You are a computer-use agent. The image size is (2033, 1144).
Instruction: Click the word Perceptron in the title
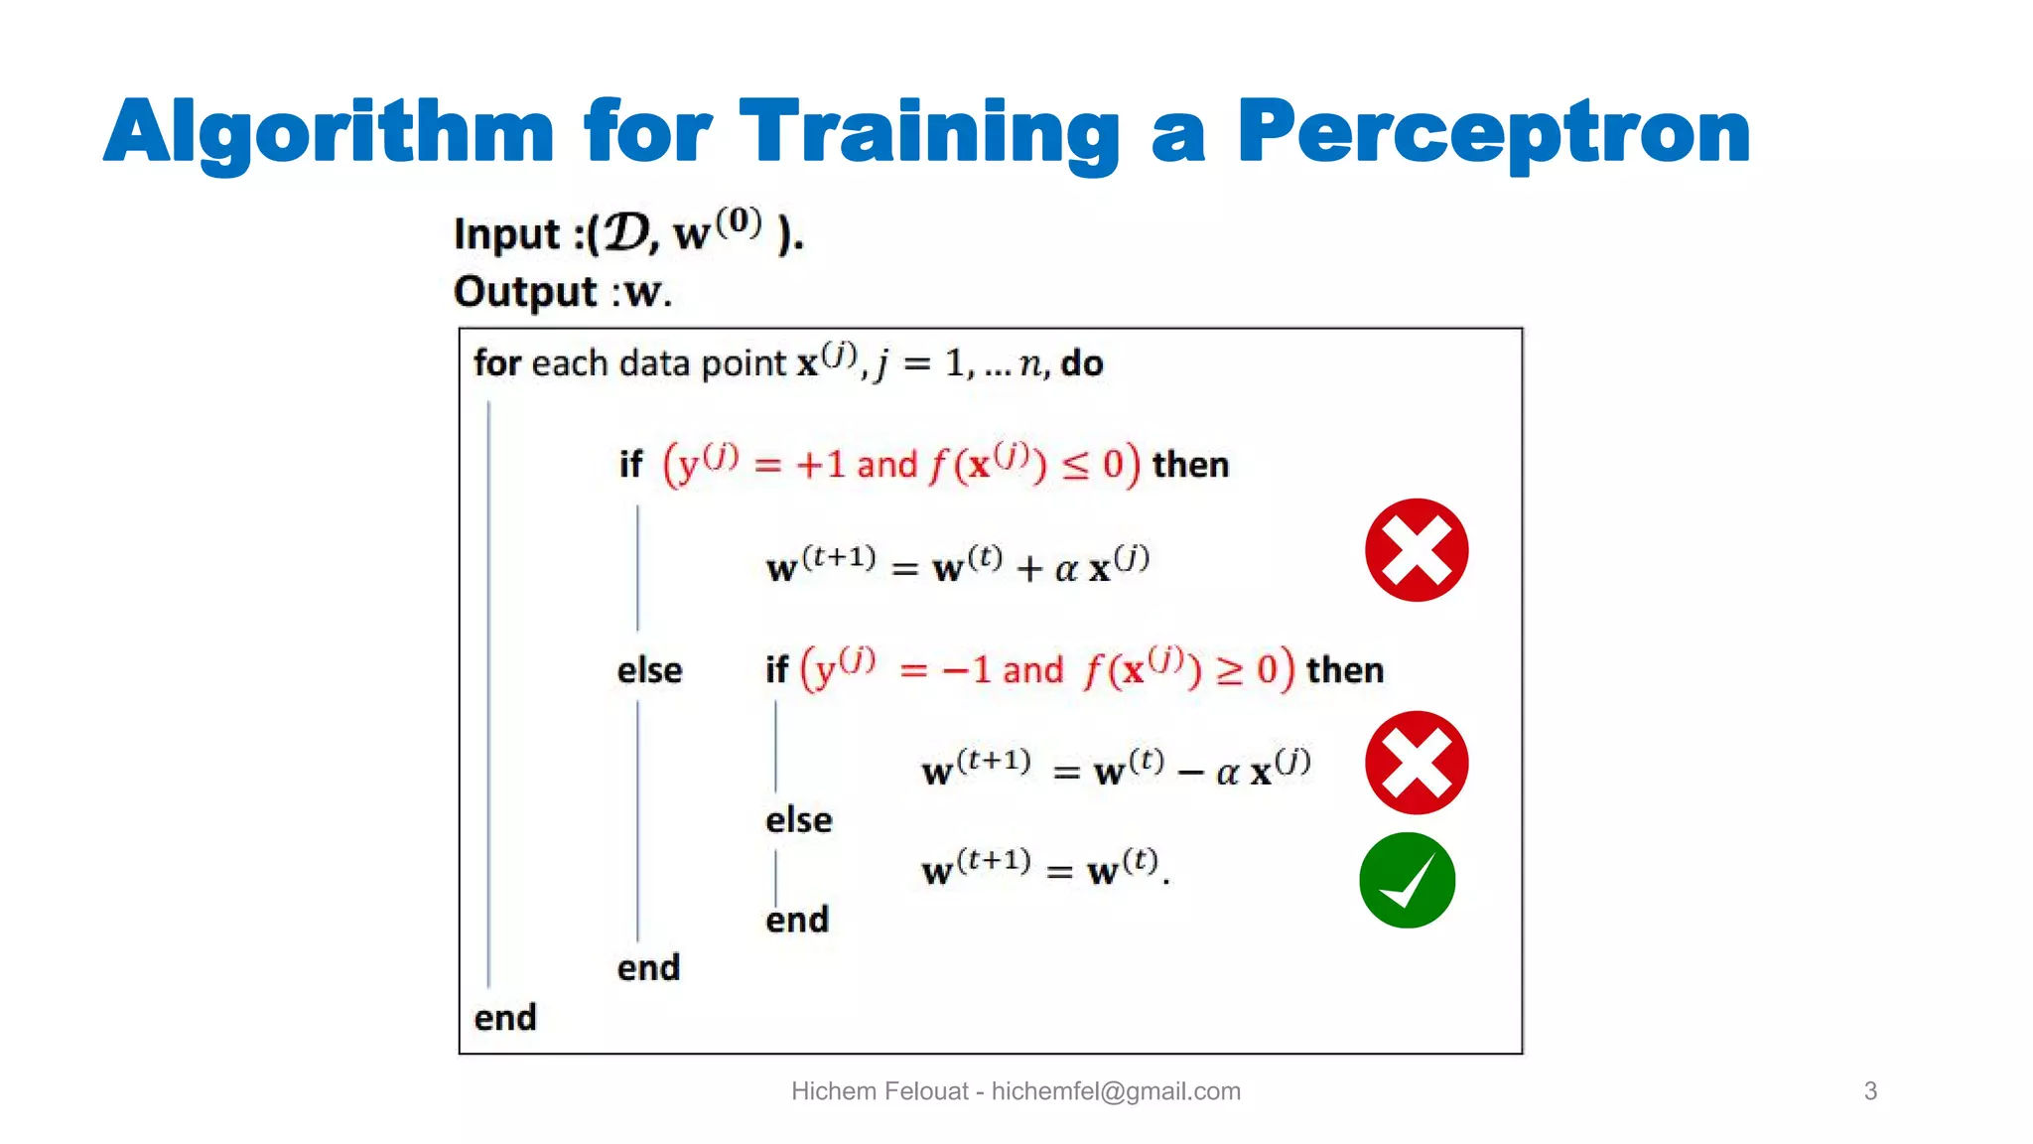pyautogui.click(x=1493, y=132)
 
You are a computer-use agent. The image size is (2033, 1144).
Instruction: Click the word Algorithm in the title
pyautogui.click(x=329, y=132)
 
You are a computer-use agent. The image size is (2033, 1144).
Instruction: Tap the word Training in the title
pyautogui.click(x=929, y=132)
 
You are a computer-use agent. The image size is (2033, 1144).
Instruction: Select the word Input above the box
pyautogui.click(x=507, y=234)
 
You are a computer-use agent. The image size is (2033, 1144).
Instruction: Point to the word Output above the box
pyautogui.click(x=525, y=292)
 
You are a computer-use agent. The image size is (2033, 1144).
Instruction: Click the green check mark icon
pyautogui.click(x=1407, y=881)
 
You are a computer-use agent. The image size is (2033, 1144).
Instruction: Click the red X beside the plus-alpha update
pyautogui.click(x=1416, y=550)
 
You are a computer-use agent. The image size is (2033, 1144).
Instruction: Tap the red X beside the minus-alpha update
pyautogui.click(x=1416, y=763)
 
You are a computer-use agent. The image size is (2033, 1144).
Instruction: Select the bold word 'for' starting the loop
pyautogui.click(x=497, y=363)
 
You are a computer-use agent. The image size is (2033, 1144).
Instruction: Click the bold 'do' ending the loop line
pyautogui.click(x=1082, y=363)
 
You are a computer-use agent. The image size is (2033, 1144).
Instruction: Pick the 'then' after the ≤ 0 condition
pyautogui.click(x=1190, y=465)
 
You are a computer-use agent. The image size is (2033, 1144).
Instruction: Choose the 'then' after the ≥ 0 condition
pyautogui.click(x=1344, y=670)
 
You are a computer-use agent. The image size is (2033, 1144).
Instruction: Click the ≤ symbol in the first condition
pyautogui.click(x=1075, y=466)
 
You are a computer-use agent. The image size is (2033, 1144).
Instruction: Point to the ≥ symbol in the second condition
pyautogui.click(x=1229, y=671)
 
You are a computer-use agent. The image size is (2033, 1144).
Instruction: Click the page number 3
pyautogui.click(x=1870, y=1091)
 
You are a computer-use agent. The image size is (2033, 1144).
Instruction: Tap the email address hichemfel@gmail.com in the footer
pyautogui.click(x=1116, y=1091)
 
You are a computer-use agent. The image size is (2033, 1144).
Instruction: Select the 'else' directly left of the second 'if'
pyautogui.click(x=649, y=670)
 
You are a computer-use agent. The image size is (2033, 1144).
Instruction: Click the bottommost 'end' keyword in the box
pyautogui.click(x=505, y=1018)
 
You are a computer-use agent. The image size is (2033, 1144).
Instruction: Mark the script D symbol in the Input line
pyautogui.click(x=627, y=234)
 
